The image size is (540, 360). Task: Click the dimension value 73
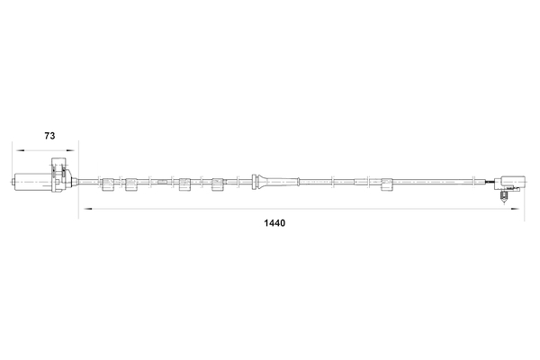49,136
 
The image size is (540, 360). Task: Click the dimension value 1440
274,223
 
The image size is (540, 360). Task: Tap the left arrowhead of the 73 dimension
20,150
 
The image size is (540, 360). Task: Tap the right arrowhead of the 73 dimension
70,150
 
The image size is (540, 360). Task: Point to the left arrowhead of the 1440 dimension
87,209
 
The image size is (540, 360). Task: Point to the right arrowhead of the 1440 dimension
515,209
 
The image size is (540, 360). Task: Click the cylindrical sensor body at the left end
33,181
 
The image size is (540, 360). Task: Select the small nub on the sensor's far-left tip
13,182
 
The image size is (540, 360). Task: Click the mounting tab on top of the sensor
58,163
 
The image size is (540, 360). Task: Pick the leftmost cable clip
109,184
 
